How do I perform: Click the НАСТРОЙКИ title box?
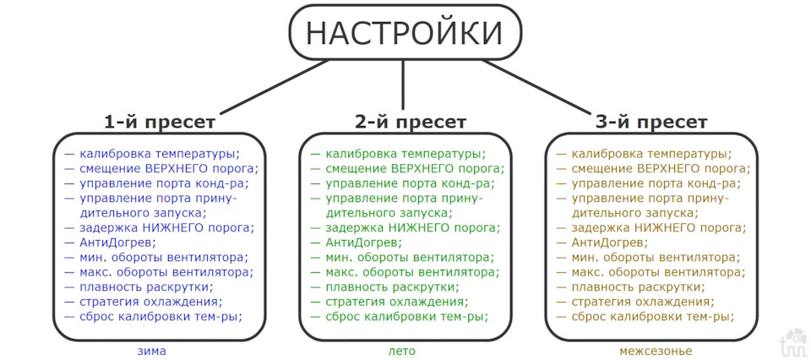(x=404, y=33)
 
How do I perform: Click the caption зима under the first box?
(x=152, y=352)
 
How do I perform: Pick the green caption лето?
(x=402, y=352)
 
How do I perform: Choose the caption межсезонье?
(x=656, y=352)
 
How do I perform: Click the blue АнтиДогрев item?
(x=117, y=242)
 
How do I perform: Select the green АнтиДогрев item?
(x=363, y=242)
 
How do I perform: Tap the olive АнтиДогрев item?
(x=609, y=242)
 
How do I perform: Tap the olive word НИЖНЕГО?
(x=667, y=227)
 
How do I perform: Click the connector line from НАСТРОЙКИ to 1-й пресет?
(x=275, y=87)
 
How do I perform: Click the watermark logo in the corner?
(x=794, y=341)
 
